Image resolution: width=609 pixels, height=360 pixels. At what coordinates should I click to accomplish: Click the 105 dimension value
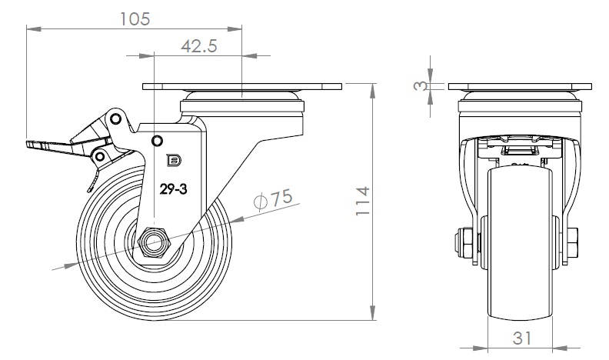tap(135, 18)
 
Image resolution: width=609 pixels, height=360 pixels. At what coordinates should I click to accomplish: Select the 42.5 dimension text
tap(199, 46)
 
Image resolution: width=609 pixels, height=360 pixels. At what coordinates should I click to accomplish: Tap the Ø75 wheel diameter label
tap(273, 198)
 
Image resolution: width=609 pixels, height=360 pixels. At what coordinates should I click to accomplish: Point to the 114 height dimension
tap(362, 202)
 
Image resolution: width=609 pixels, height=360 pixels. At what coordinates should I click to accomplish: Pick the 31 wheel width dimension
tap(521, 338)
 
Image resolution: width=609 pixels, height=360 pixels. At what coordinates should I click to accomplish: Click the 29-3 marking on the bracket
tap(173, 189)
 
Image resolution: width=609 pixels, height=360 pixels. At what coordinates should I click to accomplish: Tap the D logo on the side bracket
tap(174, 160)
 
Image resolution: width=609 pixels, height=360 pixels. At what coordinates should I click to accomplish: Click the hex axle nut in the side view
tap(155, 243)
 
